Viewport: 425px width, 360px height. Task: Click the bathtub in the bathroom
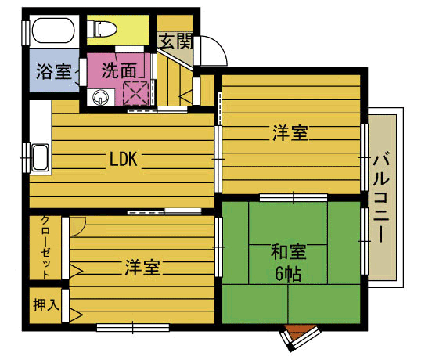click(53, 30)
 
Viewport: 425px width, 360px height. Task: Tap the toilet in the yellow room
click(102, 29)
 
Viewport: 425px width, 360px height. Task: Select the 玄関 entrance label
click(175, 41)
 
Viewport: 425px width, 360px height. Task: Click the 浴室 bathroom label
click(54, 71)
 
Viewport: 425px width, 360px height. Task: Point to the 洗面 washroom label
click(119, 70)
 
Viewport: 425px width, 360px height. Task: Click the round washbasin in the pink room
click(100, 97)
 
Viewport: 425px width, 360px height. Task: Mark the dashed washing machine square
click(135, 94)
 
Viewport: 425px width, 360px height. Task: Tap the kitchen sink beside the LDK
click(40, 157)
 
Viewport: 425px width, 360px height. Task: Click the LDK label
click(124, 159)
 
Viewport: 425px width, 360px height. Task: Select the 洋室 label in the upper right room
click(290, 132)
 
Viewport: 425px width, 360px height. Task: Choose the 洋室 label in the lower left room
click(142, 268)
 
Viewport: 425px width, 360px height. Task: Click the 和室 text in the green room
click(288, 251)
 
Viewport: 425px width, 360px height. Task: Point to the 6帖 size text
click(288, 274)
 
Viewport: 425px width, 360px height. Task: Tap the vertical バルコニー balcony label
click(381, 199)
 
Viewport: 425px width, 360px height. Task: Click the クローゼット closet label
click(45, 247)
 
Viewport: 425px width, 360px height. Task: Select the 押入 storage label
click(46, 304)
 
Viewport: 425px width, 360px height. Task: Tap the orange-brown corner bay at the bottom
click(299, 332)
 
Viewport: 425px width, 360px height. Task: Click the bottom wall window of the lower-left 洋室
click(133, 327)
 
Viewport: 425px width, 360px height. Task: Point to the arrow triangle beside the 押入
click(76, 315)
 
